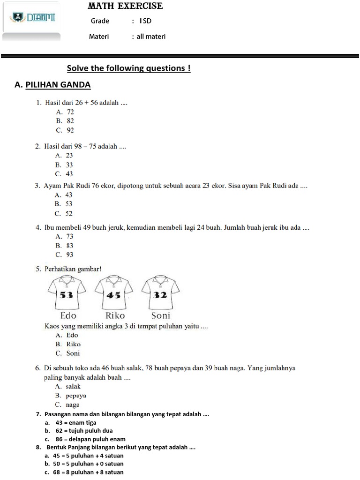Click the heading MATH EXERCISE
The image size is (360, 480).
[x=125, y=6]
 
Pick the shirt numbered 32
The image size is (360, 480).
[x=160, y=293]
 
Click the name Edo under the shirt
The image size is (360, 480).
[x=68, y=315]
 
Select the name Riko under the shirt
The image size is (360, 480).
[x=115, y=315]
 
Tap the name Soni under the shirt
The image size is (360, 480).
[x=160, y=315]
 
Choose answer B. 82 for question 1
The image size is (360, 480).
[x=65, y=120]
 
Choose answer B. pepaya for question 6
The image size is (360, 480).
[x=71, y=395]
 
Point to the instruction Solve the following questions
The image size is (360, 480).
[x=129, y=68]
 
